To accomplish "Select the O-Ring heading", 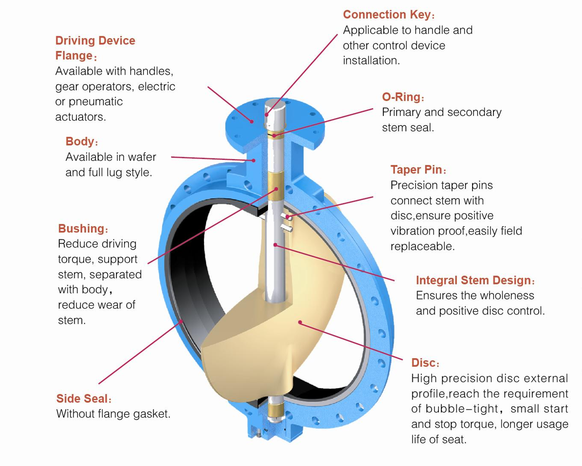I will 402,97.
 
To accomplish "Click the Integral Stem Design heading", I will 474,280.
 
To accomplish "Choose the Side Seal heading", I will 82,399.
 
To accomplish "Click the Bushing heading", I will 82,228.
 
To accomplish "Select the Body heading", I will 80,142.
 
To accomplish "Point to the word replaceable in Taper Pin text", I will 422,247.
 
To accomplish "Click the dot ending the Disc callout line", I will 300,322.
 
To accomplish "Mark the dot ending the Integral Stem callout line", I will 275,245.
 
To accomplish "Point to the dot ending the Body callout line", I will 254,160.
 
